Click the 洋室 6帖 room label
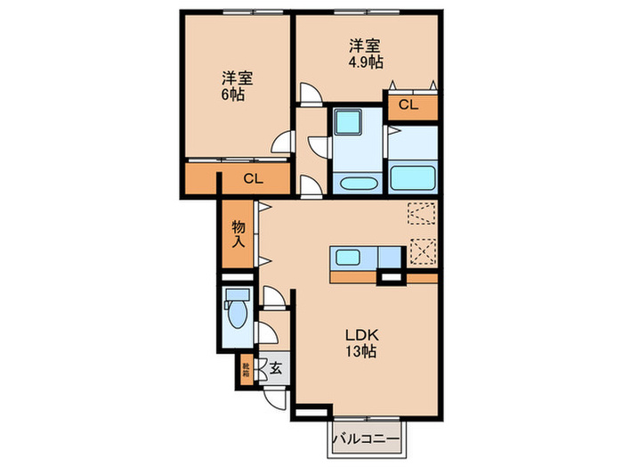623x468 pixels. click(x=236, y=86)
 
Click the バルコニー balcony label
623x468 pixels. click(x=367, y=439)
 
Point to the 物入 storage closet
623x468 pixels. click(x=239, y=234)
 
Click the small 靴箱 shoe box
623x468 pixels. click(x=246, y=367)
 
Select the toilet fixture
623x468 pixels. click(x=238, y=312)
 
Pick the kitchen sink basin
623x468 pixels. click(x=348, y=259)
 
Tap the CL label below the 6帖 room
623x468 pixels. click(x=254, y=179)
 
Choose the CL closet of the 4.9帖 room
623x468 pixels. click(x=408, y=106)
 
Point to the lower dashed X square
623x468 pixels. click(x=422, y=252)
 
